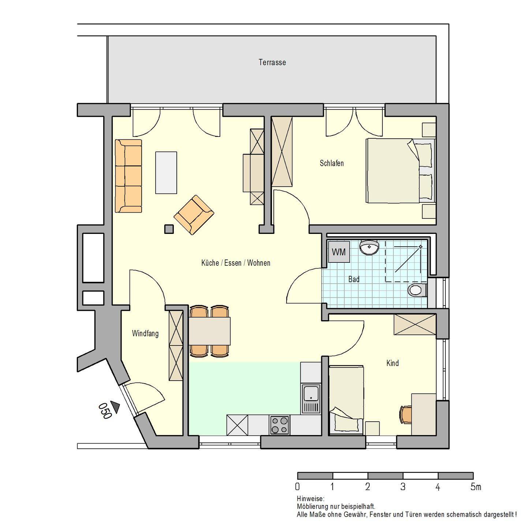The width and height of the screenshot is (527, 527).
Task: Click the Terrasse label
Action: (272, 62)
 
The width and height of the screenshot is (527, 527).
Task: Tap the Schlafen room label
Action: (332, 163)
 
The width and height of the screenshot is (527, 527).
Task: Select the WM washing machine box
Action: (339, 252)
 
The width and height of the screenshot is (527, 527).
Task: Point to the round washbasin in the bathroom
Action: (369, 247)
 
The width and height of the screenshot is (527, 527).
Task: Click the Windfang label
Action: (145, 334)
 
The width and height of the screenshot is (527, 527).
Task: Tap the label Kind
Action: (392, 363)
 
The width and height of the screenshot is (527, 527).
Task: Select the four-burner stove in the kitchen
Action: (280, 425)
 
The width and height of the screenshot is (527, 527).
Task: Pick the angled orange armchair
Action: (194, 215)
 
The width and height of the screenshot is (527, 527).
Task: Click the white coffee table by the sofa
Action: (166, 173)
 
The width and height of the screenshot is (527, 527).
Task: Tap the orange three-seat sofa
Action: (128, 176)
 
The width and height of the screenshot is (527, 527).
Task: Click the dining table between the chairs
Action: (209, 331)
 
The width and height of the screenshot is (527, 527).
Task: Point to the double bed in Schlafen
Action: (400, 171)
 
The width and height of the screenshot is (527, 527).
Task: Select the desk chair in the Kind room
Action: (405, 415)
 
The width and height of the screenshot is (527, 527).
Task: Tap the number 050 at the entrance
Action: (105, 411)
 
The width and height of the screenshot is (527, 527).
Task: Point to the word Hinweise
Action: (310, 499)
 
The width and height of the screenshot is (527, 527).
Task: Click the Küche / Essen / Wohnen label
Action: (236, 263)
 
